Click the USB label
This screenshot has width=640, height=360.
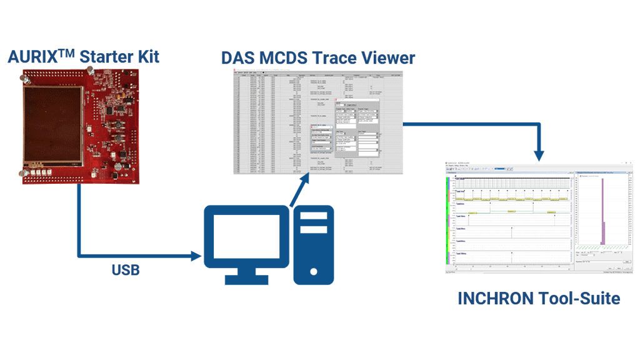(x=125, y=270)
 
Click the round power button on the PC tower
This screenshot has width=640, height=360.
(x=313, y=272)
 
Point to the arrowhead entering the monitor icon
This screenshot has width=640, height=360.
(x=197, y=256)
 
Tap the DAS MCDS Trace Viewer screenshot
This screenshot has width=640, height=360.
(x=318, y=121)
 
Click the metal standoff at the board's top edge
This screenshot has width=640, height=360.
(x=27, y=79)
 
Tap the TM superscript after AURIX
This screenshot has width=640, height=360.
(x=67, y=54)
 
